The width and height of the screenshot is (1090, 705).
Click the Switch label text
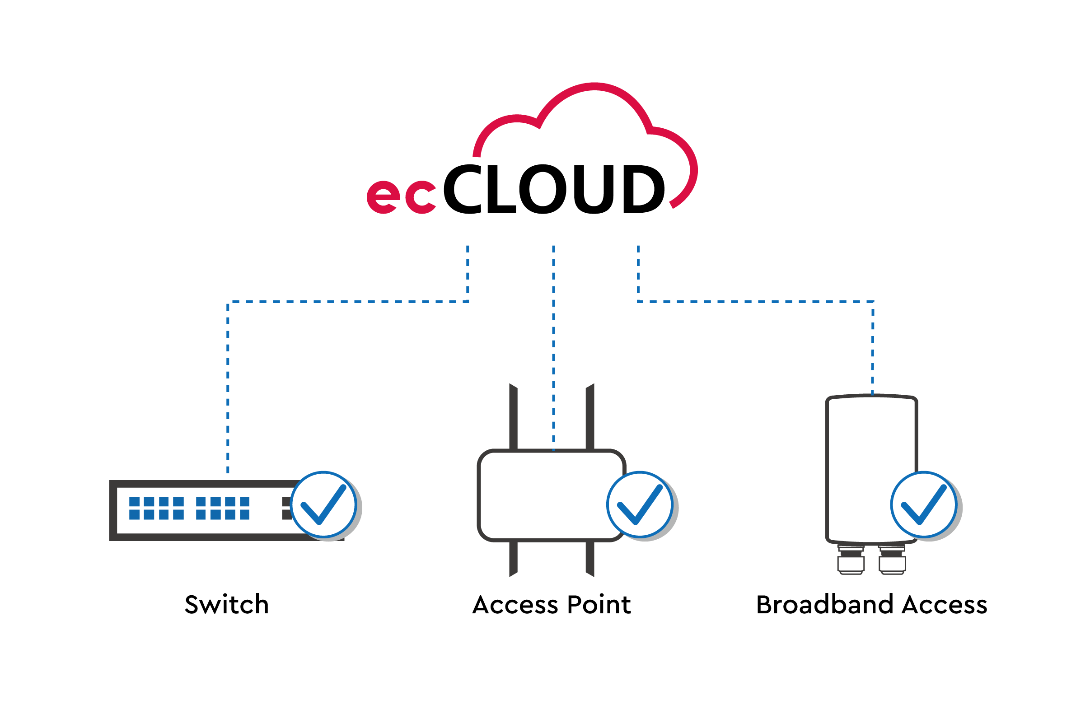[227, 605]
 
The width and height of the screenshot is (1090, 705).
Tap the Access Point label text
[552, 605]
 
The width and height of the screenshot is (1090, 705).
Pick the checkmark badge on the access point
[640, 504]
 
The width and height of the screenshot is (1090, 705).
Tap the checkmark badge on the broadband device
[924, 504]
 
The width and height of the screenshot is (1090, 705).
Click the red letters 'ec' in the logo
[401, 197]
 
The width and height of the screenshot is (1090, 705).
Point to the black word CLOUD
[554, 189]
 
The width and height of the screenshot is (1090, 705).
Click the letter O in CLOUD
[543, 189]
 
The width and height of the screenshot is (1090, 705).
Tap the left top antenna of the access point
[513, 416]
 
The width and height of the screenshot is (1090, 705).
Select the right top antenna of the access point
[589, 416]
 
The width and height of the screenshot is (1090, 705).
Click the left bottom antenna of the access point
[513, 559]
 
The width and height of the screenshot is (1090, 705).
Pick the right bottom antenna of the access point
[589, 559]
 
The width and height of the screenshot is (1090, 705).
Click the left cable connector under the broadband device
[851, 560]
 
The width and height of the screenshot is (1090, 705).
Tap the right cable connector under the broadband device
[892, 560]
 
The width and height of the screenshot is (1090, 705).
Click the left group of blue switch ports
[156, 508]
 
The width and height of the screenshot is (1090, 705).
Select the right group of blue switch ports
[223, 508]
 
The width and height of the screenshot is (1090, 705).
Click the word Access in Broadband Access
[945, 605]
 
